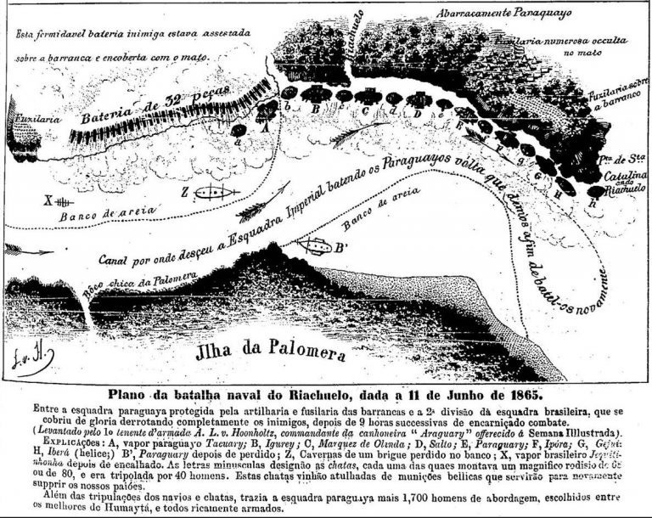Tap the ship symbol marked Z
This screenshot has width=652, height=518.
click(x=212, y=193)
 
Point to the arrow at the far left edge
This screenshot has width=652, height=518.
click(x=17, y=249)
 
